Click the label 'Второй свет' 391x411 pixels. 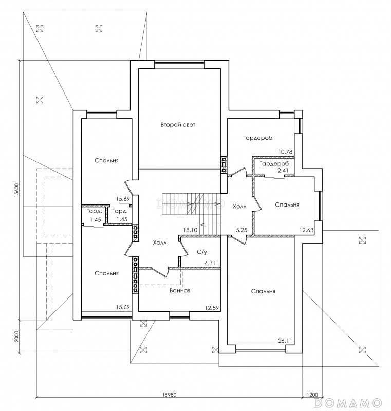tap(178, 125)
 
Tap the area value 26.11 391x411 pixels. tap(285, 341)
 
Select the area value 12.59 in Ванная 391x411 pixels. tap(212, 308)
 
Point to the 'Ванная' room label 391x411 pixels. tap(180, 290)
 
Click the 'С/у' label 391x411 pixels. tap(202, 252)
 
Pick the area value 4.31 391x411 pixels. tap(210, 263)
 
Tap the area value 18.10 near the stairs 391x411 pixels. tap(190, 230)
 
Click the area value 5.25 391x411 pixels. tap(241, 230)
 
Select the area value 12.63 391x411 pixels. tap(307, 230)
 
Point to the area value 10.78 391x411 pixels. tap(286, 152)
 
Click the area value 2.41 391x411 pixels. tap(283, 171)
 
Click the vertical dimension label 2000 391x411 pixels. tap(17, 337)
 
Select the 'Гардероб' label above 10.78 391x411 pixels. tap(257, 138)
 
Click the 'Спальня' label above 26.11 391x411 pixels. tap(263, 291)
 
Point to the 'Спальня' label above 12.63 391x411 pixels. tap(287, 204)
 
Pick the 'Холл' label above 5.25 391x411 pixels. tap(239, 207)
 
